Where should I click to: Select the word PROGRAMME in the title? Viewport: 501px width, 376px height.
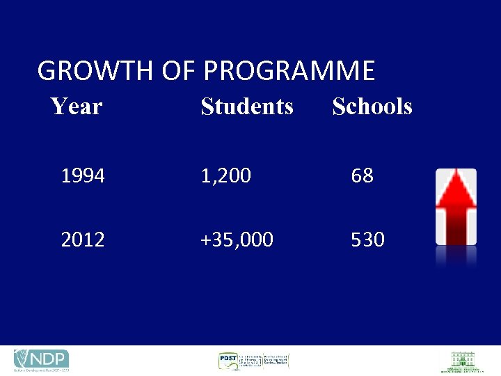[x=289, y=71]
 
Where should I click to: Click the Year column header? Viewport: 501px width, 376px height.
[x=77, y=107]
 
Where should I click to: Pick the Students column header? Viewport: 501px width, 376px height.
[x=247, y=107]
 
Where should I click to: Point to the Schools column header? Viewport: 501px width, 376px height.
[x=372, y=107]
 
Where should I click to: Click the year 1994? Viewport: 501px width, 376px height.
[x=83, y=176]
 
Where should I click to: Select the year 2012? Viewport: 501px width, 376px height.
[x=83, y=240]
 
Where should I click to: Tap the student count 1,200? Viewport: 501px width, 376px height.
[x=225, y=176]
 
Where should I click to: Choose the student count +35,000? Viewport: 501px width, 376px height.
[x=237, y=240]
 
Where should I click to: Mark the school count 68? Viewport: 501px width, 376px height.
[x=362, y=176]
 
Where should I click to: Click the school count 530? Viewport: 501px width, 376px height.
[x=367, y=240]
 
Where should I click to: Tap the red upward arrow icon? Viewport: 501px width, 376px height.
[x=456, y=207]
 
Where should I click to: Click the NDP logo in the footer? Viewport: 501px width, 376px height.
[x=41, y=360]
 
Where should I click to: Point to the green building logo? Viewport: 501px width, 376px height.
[x=461, y=361]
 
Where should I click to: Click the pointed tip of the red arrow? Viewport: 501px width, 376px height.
[x=456, y=174]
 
